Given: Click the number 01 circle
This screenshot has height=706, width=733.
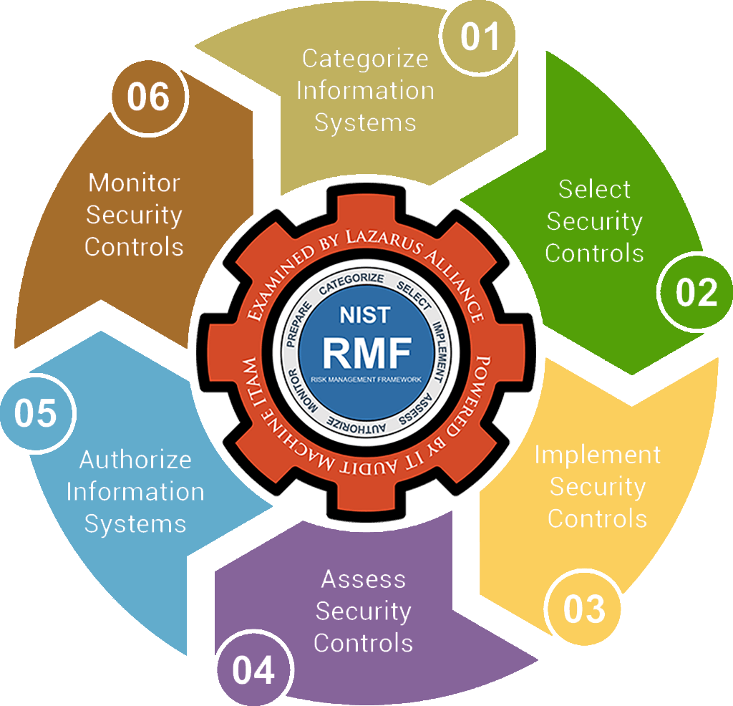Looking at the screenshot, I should click(x=479, y=37).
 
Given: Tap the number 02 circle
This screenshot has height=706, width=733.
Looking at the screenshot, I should click(x=696, y=292).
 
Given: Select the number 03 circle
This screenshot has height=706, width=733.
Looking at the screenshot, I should click(x=584, y=609).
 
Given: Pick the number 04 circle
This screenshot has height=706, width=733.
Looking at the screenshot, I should click(x=253, y=671).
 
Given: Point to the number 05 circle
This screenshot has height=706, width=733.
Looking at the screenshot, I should click(x=35, y=414).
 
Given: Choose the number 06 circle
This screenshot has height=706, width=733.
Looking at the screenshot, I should click(x=148, y=97).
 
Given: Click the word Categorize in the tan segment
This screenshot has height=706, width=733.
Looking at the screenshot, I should click(x=365, y=58).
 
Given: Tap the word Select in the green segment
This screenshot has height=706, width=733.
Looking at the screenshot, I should click(x=594, y=190).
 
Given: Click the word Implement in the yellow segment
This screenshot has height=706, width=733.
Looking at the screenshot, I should click(x=598, y=455).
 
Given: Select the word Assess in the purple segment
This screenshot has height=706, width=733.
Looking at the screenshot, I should click(x=364, y=579).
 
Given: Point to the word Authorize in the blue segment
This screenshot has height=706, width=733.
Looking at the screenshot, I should click(x=135, y=459).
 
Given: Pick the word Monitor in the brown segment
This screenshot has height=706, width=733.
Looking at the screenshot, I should click(x=134, y=183).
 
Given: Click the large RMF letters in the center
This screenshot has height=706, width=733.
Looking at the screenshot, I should click(x=366, y=351).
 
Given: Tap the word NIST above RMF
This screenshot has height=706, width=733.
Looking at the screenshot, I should click(x=366, y=315).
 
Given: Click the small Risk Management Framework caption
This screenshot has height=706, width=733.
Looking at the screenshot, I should click(x=366, y=377).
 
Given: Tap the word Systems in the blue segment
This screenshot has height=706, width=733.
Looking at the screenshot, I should click(x=135, y=523).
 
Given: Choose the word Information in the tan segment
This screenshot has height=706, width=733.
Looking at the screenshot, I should click(x=365, y=91).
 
